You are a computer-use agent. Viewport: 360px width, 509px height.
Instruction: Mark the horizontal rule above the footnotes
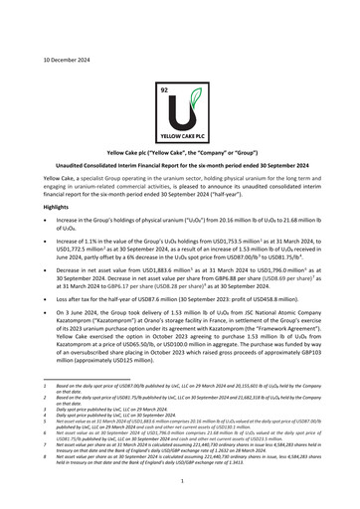(x=80, y=386)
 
